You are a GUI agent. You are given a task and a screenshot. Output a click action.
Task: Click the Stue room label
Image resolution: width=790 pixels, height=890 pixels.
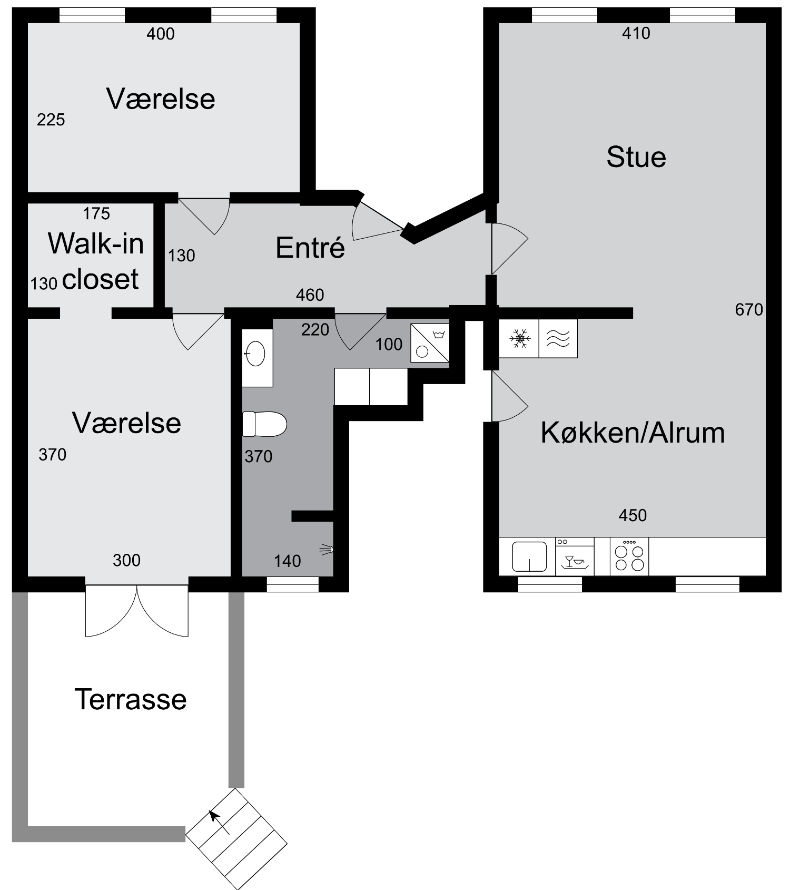tap(636, 157)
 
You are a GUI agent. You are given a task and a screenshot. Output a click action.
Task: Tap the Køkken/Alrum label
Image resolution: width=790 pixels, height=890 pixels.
tap(633, 433)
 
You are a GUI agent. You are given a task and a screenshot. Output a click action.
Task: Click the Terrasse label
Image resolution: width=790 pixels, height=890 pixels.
tap(131, 699)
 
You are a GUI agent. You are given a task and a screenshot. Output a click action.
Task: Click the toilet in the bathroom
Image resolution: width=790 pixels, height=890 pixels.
tap(264, 424)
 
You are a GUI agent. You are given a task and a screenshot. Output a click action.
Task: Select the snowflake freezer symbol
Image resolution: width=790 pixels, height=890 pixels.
tap(520, 338)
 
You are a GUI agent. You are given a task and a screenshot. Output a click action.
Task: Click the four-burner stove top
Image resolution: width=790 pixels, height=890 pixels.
tap(629, 556)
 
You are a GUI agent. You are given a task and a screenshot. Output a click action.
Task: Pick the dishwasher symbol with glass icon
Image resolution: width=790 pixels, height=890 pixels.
tap(575, 556)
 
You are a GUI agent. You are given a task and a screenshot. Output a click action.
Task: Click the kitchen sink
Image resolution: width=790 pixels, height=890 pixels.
tap(529, 556)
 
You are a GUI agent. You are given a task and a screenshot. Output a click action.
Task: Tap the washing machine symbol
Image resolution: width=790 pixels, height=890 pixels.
tap(430, 343)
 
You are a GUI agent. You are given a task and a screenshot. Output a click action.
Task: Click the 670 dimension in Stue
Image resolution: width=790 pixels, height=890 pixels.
tap(749, 309)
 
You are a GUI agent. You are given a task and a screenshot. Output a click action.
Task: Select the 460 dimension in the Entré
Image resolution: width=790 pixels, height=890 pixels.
tap(310, 295)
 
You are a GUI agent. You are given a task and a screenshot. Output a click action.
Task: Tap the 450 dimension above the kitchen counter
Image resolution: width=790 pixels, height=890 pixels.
tap(633, 515)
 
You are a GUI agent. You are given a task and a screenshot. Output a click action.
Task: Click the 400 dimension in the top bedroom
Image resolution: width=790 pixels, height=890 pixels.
tap(161, 34)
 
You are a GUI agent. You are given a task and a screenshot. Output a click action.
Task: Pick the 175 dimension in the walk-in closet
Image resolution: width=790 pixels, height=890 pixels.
tap(96, 213)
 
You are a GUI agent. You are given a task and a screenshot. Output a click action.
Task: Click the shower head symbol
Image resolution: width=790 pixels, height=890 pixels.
tap(327, 550)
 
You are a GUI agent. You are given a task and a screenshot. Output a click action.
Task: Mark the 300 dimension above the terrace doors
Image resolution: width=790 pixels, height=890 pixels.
tap(126, 560)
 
